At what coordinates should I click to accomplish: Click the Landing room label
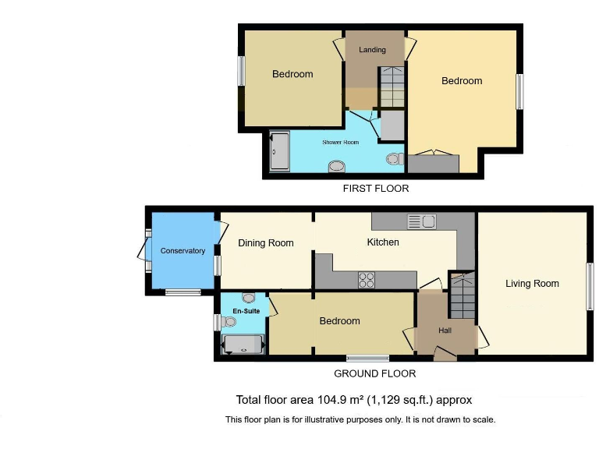pos(372,50)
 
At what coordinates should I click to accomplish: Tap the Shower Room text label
pos(339,143)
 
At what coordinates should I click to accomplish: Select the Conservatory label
pos(183,251)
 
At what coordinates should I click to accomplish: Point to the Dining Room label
pos(266,243)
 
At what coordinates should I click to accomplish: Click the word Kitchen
pos(383,242)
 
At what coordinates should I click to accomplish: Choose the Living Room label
pos(532,284)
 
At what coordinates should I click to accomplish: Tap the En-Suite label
pos(246,311)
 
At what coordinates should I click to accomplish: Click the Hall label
pos(445,331)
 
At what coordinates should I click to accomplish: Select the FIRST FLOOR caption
pos(376,189)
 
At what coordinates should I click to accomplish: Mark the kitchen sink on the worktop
pos(422,221)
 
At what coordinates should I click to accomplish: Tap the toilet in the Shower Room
pos(394,159)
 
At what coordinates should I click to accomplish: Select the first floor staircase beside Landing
pos(392,87)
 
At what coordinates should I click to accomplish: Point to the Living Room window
pos(590,287)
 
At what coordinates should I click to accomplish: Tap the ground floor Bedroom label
pos(339,321)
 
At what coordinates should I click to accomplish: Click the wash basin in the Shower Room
pos(337,165)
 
